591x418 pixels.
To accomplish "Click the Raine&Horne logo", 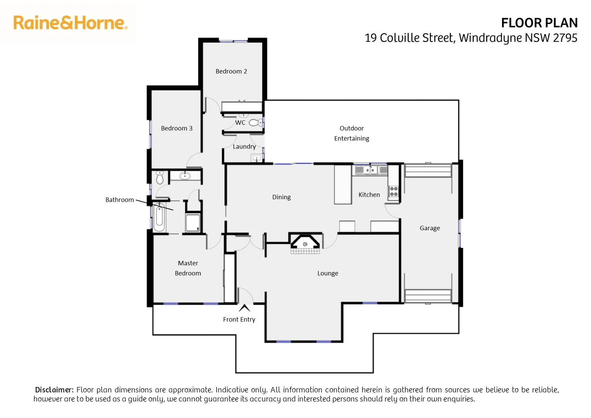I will tap(70, 23).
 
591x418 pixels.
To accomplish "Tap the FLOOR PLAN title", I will tap(539, 23).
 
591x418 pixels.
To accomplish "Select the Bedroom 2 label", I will tap(231, 71).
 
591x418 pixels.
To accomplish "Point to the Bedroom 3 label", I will tap(177, 128).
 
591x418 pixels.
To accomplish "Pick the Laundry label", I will tap(244, 146).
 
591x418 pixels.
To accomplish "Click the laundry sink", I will tap(256, 158).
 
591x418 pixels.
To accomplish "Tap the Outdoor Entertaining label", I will tap(352, 133).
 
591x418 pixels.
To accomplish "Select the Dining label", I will tap(281, 197).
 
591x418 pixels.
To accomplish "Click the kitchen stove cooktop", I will tap(394, 191).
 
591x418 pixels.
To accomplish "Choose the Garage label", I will tap(430, 228).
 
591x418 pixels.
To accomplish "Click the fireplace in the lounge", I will tap(305, 243).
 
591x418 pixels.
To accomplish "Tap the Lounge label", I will tap(328, 273).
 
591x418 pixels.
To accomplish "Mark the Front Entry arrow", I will tap(244, 308).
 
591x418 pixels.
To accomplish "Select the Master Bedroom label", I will tap(188, 268).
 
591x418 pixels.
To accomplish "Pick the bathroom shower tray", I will tap(193, 223).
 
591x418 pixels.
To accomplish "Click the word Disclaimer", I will tap(54, 390).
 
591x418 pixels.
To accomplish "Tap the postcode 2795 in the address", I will tap(565, 38).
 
